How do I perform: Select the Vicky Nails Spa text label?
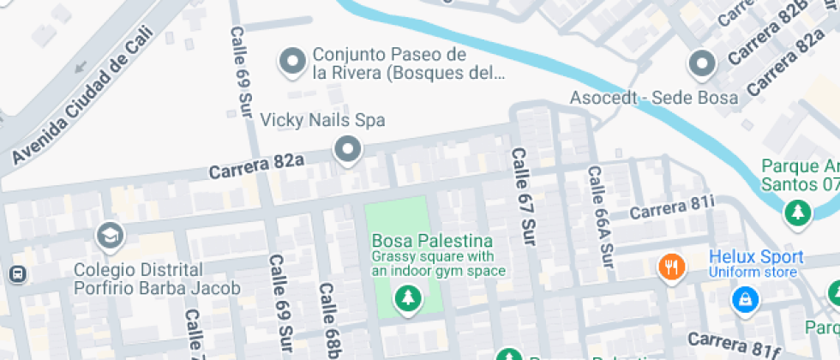coord(322,119)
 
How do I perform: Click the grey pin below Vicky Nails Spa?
coord(347,150)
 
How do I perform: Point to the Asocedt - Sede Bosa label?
coord(654,98)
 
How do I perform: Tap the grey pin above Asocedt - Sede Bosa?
coord(702,63)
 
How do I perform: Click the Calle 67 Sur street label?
coord(523,196)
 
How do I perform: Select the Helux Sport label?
coord(756,257)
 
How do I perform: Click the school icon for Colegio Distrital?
coord(111,236)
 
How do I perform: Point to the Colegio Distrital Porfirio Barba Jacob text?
coord(157,279)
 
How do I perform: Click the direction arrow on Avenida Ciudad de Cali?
coord(81,66)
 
